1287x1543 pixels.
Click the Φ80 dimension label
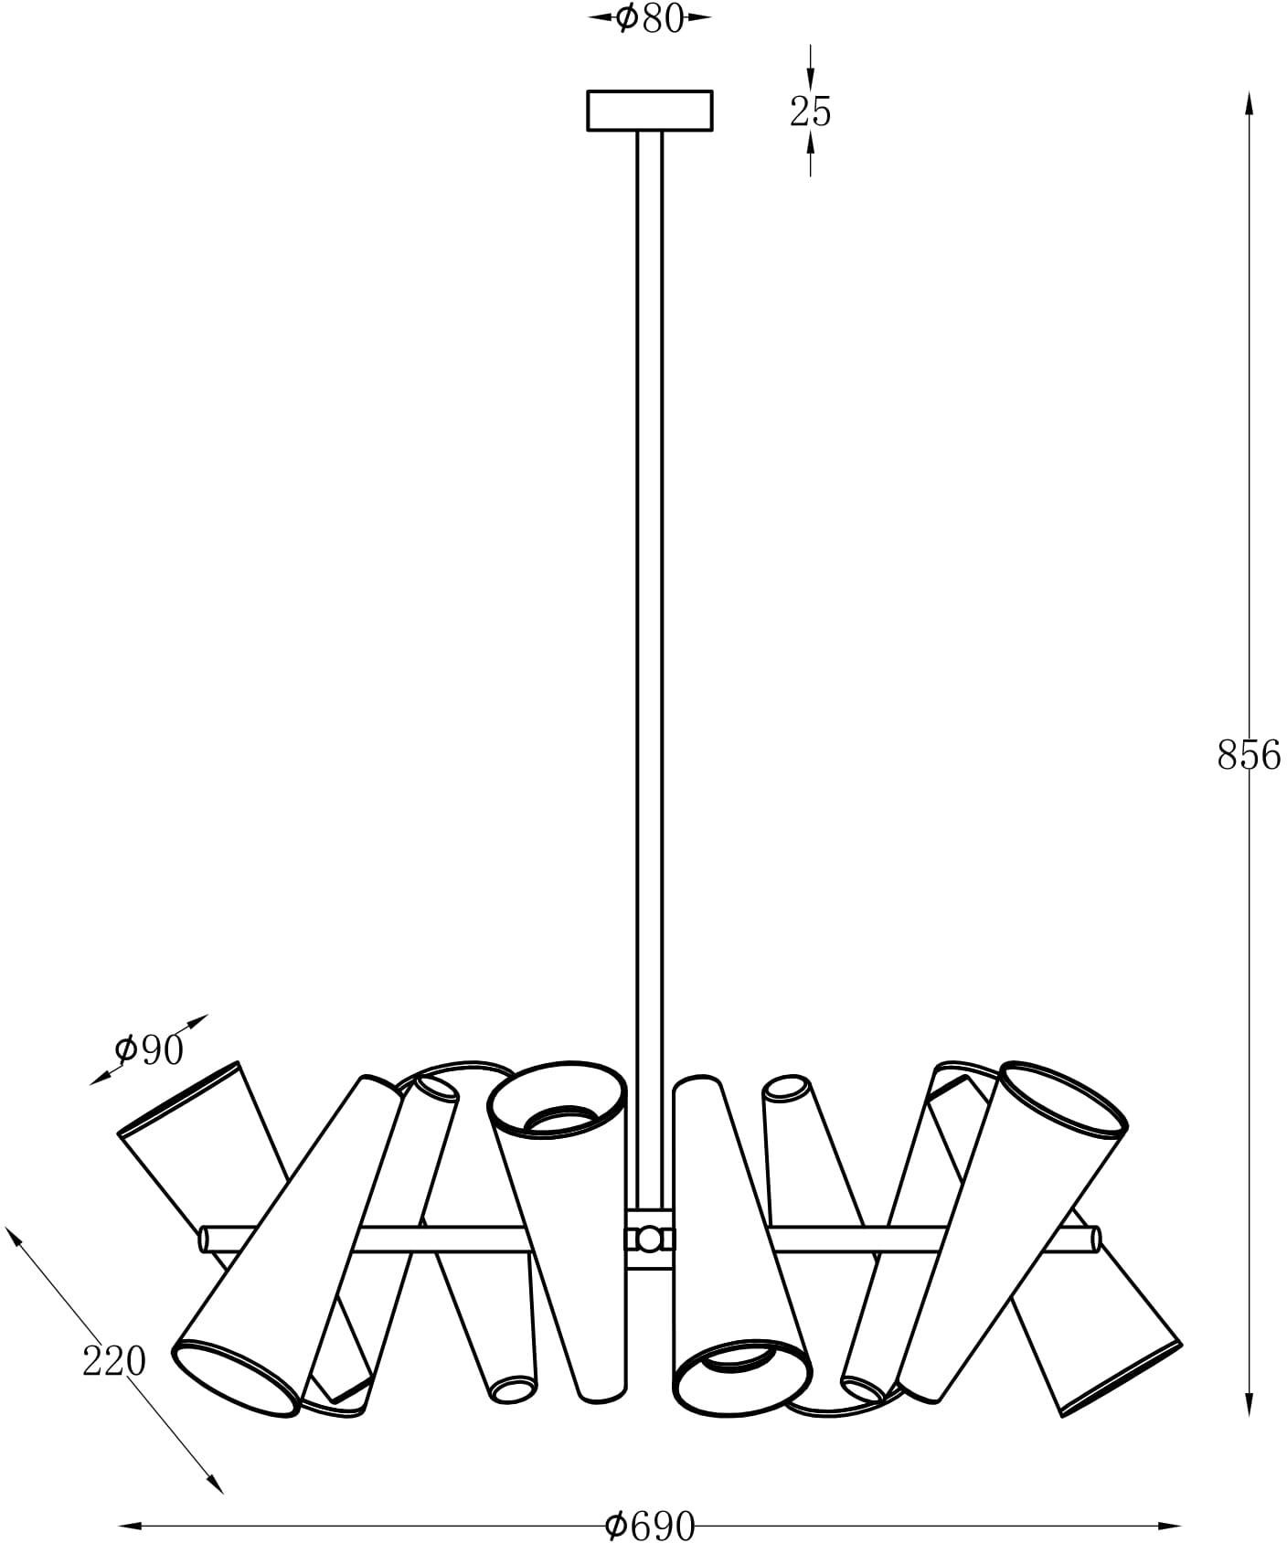[650, 18]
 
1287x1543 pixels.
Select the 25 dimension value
[811, 112]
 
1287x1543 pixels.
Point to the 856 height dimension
[1250, 756]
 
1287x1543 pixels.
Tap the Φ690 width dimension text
[650, 1525]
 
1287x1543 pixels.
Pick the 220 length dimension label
[114, 1361]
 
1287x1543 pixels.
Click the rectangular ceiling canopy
[650, 111]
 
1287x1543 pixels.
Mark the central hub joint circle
[650, 1240]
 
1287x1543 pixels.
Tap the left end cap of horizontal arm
[206, 1240]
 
